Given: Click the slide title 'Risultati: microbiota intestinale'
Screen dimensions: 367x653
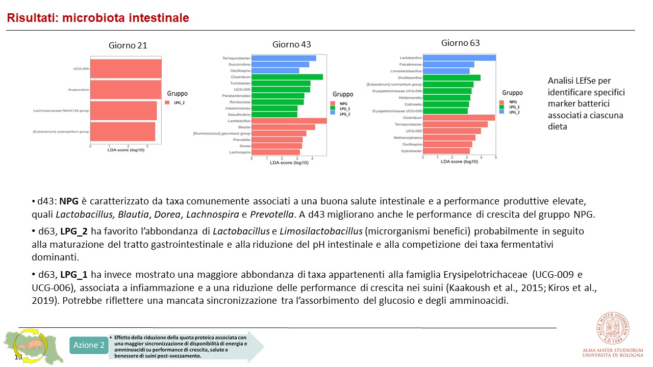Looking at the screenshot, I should (x=97, y=18).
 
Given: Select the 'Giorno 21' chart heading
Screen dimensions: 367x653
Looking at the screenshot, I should (x=128, y=45).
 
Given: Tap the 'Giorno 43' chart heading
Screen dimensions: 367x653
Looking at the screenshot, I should (x=291, y=44).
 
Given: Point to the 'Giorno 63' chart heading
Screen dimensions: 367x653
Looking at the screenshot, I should (x=460, y=43).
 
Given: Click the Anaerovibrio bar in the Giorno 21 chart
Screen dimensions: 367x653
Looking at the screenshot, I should (x=126, y=90).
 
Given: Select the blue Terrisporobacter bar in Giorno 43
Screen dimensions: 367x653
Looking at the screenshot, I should (x=284, y=58).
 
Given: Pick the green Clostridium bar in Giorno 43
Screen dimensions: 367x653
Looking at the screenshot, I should (x=287, y=77).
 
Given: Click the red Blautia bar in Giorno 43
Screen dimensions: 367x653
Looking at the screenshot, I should (x=283, y=127).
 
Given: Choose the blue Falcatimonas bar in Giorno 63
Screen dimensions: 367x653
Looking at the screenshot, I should (x=448, y=64).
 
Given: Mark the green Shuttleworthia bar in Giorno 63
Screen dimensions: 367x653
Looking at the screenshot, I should (x=451, y=77).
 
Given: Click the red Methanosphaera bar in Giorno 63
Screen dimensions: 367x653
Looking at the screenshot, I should (x=449, y=138).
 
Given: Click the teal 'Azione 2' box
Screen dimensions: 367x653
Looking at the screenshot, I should (x=88, y=345).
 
